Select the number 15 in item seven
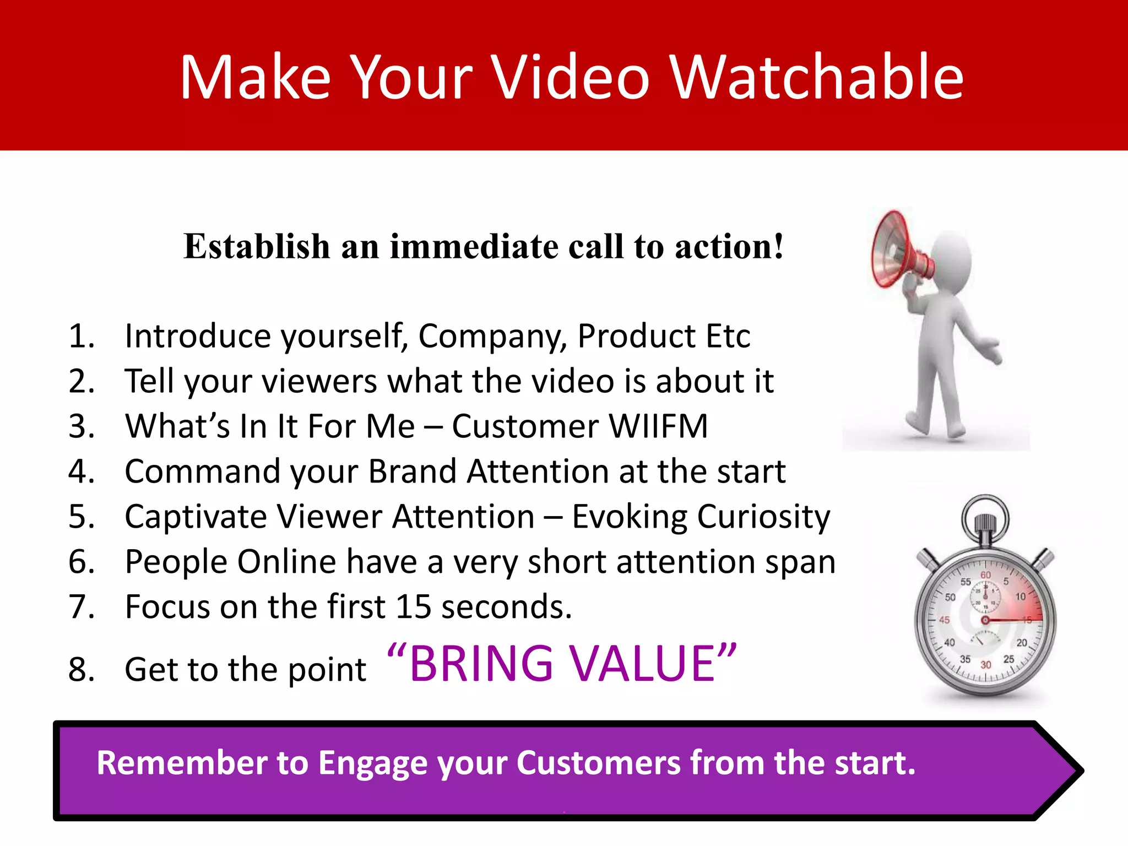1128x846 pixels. (415, 607)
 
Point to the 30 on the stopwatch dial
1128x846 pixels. (985, 665)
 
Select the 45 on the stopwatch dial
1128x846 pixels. (944, 620)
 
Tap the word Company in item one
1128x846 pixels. (492, 336)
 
